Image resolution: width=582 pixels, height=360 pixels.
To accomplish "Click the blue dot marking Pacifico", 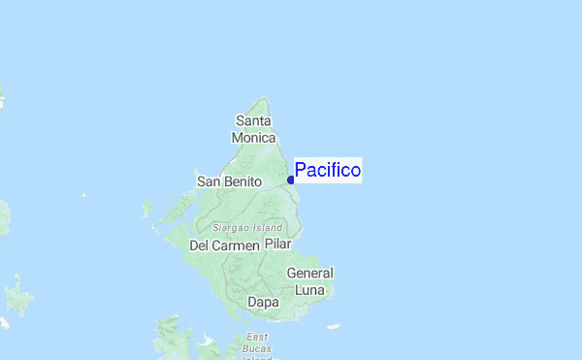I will (x=291, y=180).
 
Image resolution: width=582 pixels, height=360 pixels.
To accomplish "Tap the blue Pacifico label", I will (x=328, y=171).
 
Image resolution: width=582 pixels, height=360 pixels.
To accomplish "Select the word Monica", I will (x=254, y=137).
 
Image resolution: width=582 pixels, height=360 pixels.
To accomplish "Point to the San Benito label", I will (x=230, y=181).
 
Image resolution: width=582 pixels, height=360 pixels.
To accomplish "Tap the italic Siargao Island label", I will (x=247, y=227).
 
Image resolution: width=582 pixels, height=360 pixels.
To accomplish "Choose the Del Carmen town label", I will (x=224, y=245).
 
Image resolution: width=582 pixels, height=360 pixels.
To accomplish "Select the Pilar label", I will (x=277, y=245).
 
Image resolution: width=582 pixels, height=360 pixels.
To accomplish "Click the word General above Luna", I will (x=309, y=274).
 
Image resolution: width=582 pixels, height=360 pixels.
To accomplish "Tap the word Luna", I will (x=309, y=289).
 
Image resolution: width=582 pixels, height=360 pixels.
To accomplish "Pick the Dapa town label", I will (x=263, y=302).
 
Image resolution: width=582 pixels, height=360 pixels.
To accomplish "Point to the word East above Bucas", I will (x=257, y=336).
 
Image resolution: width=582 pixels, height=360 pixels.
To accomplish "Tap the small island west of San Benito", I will (x=147, y=207).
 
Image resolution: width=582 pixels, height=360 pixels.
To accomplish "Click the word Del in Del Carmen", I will (x=200, y=245).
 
